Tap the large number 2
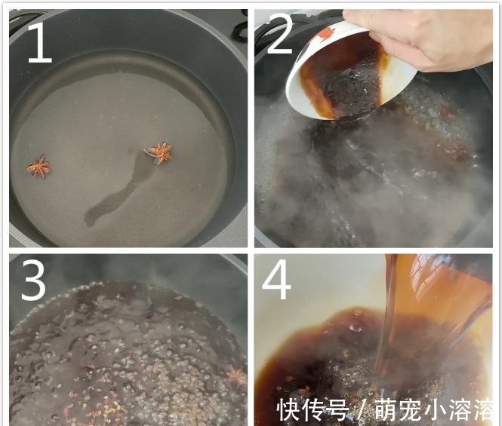click(x=280, y=37)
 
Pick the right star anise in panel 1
click(x=159, y=152)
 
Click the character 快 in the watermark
click(x=288, y=410)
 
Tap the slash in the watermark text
click(x=361, y=410)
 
